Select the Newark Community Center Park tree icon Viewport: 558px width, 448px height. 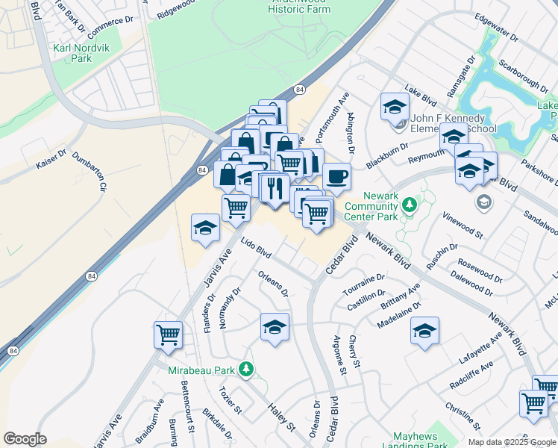[409, 205]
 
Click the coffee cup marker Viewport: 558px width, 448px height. [336, 177]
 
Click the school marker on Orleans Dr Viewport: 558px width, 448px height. [275, 327]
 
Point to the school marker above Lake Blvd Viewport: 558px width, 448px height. [395, 108]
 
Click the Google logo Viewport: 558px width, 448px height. [25, 439]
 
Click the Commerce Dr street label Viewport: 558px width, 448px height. [104, 30]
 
